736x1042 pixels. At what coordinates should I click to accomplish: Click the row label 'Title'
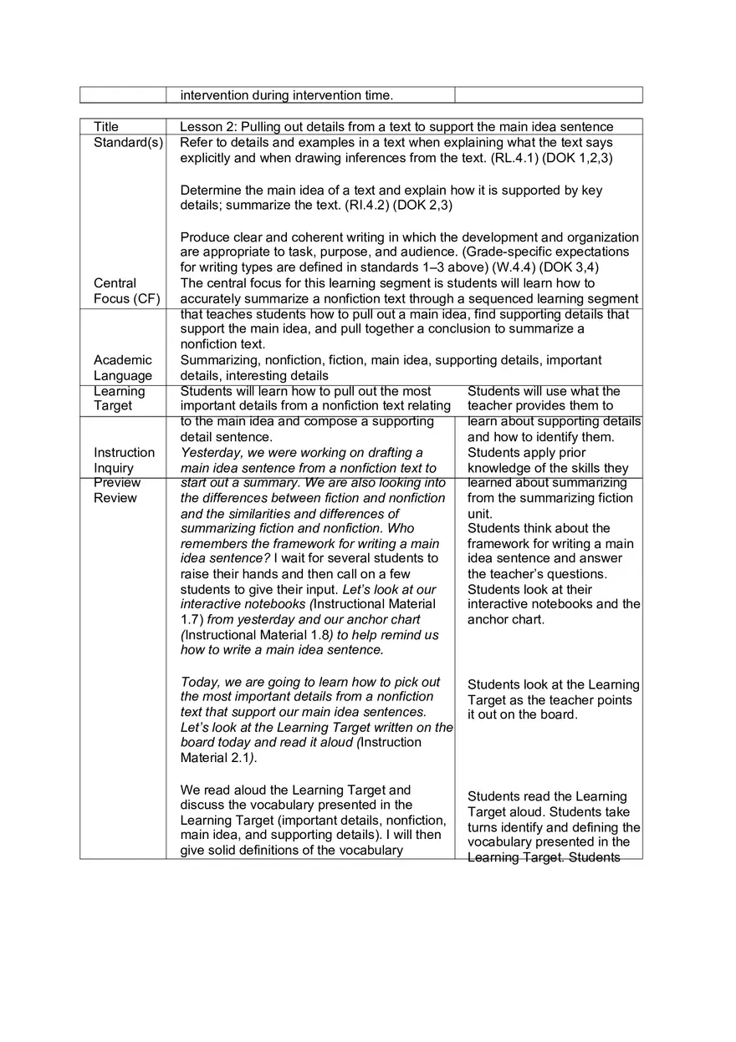[106, 127]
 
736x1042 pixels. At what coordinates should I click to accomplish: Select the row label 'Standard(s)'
[128, 143]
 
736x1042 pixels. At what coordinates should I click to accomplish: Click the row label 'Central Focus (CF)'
[126, 291]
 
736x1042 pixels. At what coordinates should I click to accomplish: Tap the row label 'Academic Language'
[123, 368]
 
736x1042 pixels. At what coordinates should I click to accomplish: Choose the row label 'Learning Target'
[119, 399]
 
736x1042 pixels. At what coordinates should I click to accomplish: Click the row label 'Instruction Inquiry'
[124, 460]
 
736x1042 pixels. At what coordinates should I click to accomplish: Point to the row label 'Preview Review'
[117, 491]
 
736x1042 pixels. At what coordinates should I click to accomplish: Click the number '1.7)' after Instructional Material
[192, 620]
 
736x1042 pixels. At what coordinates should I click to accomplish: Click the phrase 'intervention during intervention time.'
[286, 95]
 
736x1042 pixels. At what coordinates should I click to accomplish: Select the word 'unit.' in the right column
[480, 514]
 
